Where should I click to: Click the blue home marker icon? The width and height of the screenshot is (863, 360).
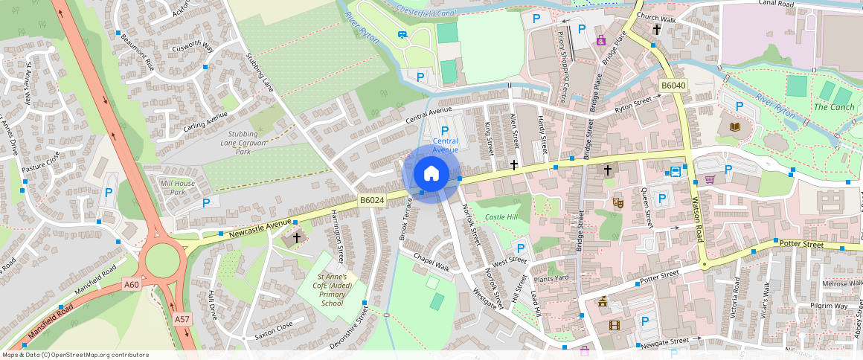pyautogui.click(x=431, y=173)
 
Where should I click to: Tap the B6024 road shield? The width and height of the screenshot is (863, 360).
pyautogui.click(x=371, y=200)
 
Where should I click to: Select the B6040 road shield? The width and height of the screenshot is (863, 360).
pyautogui.click(x=673, y=86)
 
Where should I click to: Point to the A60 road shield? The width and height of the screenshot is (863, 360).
pyautogui.click(x=132, y=284)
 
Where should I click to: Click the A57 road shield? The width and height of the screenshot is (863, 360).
pyautogui.click(x=182, y=318)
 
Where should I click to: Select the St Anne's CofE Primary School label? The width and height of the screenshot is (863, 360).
pyautogui.click(x=332, y=289)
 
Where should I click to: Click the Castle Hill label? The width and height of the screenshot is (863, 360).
pyautogui.click(x=500, y=216)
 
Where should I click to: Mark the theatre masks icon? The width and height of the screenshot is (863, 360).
pyautogui.click(x=617, y=202)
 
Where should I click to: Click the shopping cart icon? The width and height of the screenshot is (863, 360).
pyautogui.click(x=710, y=179)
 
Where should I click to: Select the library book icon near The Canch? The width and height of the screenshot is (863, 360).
pyautogui.click(x=736, y=128)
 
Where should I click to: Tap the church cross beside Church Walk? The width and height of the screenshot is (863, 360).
pyautogui.click(x=656, y=30)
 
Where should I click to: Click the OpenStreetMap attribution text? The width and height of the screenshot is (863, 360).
pyautogui.click(x=74, y=355)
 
